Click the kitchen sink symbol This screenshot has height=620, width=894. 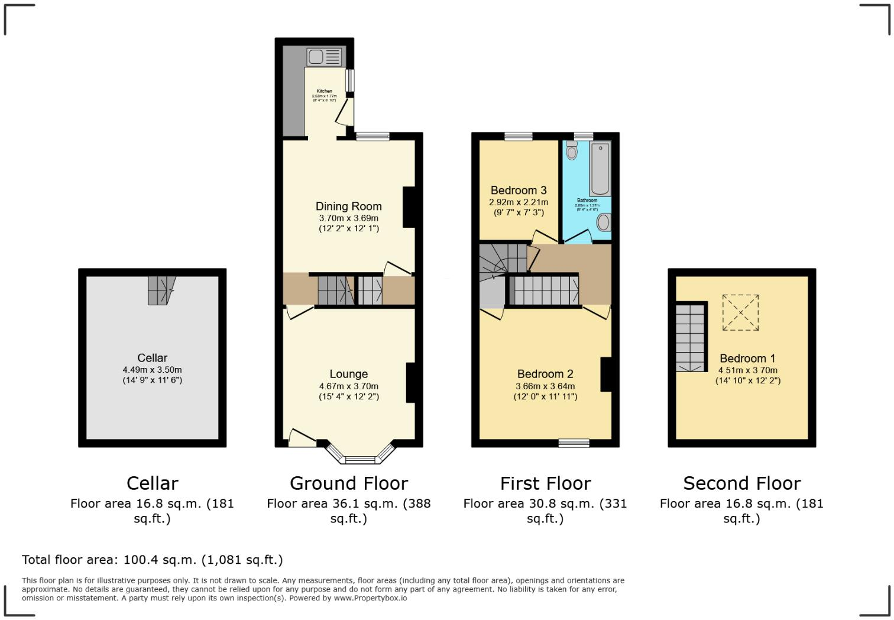(323, 57)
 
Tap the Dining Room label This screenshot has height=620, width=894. (348, 206)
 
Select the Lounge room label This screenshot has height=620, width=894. (348, 374)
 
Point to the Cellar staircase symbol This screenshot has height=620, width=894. (161, 290)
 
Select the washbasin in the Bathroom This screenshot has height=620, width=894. (604, 222)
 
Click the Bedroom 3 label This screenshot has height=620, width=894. (519, 190)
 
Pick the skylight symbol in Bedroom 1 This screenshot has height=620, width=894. (741, 313)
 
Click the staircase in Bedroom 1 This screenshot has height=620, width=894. (691, 337)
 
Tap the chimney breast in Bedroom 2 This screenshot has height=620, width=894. (605, 374)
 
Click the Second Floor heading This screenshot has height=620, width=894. (741, 483)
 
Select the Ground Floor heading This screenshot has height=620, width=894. (348, 483)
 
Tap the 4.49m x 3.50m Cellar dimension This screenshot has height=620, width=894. (152, 370)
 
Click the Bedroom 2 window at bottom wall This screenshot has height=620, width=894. (574, 443)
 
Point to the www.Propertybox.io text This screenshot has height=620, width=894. (370, 598)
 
